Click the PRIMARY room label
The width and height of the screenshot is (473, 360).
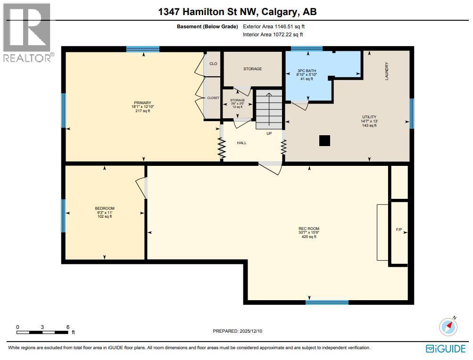click(142, 103)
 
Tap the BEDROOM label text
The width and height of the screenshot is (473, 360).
click(104, 208)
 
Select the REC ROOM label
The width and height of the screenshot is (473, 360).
click(309, 229)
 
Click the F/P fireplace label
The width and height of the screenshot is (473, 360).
click(398, 229)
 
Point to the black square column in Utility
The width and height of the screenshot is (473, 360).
click(324, 140)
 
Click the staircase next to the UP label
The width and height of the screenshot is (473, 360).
click(268, 109)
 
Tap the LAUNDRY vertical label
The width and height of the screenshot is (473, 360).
click(387, 71)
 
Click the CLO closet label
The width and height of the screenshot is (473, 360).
click(213, 63)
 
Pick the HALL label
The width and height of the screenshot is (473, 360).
click(241, 143)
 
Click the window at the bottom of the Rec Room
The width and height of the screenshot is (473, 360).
click(327, 303)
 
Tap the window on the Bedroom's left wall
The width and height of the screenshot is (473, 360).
click(63, 216)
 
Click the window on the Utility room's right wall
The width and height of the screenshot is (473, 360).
click(411, 113)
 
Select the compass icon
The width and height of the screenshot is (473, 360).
click(448, 326)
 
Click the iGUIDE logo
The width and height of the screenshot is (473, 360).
click(446, 349)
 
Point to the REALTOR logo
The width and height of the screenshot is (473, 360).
click(27, 33)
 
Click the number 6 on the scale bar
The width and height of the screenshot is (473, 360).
click(68, 327)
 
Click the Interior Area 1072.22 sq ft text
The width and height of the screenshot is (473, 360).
click(273, 34)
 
